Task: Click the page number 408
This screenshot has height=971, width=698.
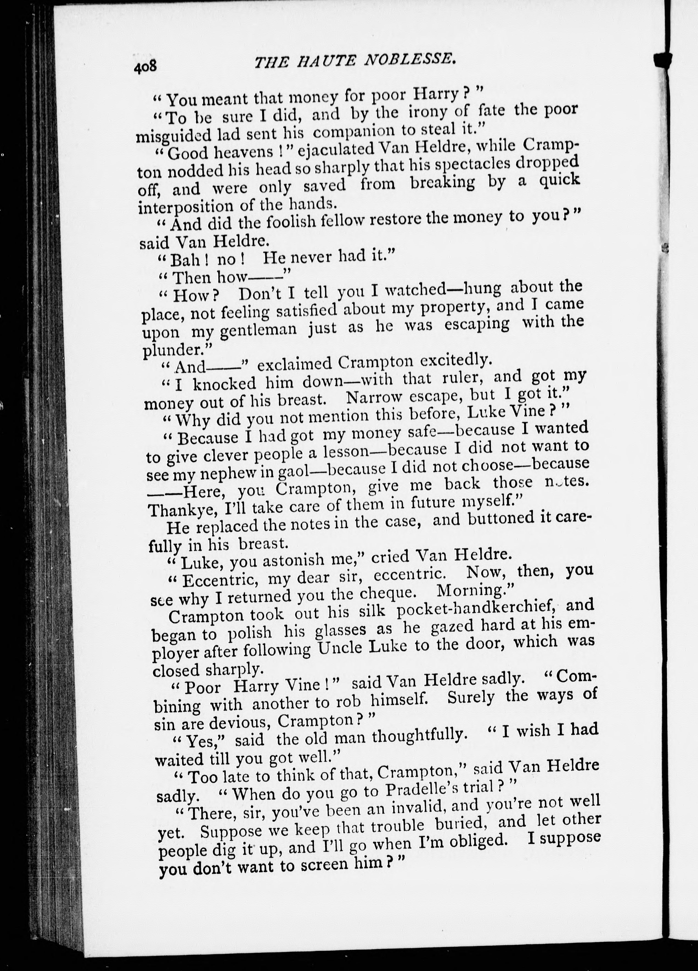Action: tap(145, 67)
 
